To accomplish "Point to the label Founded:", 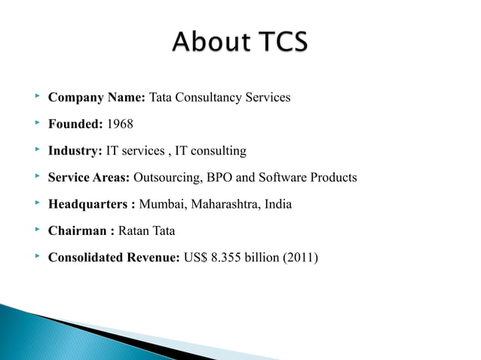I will pos(77,125).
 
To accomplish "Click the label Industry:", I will pos(75,151).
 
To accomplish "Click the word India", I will pos(278,205).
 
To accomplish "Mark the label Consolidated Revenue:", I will pos(113,258).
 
